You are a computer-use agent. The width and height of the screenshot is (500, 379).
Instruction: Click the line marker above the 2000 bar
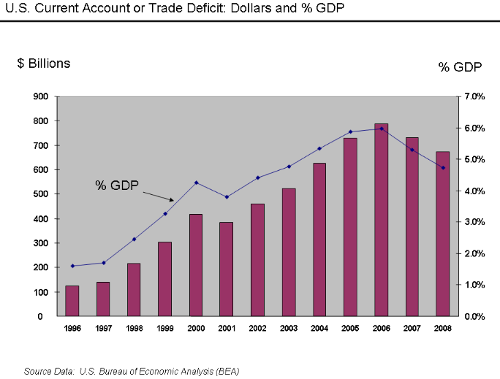click(196, 183)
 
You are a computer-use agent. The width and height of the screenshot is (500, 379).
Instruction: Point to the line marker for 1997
click(103, 263)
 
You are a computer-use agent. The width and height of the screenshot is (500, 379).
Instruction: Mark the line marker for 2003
click(288, 166)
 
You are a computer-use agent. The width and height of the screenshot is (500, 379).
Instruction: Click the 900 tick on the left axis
click(41, 96)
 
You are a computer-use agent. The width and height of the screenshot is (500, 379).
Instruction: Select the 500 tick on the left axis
click(41, 194)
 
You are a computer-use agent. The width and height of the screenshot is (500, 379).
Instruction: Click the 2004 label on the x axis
click(319, 329)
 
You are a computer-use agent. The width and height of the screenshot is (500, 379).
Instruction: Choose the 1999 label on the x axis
click(165, 329)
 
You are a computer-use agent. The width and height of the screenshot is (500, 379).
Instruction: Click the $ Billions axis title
click(44, 64)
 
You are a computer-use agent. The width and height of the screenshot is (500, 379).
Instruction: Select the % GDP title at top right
click(460, 67)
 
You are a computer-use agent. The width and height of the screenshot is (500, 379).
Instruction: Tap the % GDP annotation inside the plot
click(117, 185)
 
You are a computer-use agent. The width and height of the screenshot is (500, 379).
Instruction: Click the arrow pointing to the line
click(158, 196)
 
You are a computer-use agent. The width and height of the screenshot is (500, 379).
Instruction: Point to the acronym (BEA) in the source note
click(224, 371)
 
